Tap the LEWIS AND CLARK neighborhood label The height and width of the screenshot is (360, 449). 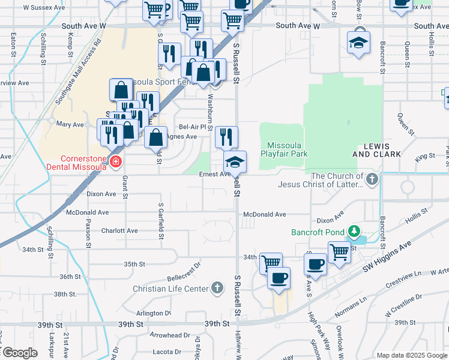[379, 150]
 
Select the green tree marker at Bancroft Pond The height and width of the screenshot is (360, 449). [354, 232]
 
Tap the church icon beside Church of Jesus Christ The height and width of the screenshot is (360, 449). [372, 178]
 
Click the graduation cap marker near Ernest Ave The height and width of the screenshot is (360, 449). [235, 161]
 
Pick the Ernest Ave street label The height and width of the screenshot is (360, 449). [214, 175]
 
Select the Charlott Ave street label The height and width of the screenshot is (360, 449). [120, 230]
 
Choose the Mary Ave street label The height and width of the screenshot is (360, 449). [70, 124]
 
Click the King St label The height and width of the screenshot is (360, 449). [426, 156]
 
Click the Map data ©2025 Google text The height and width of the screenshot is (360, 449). [412, 355]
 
